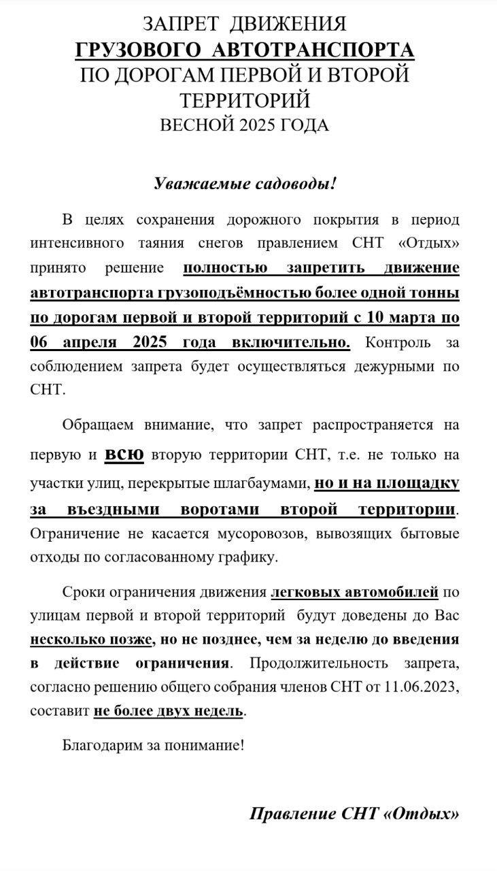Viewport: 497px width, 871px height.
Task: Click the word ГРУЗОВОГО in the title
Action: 138,50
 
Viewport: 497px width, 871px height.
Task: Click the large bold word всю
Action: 124,455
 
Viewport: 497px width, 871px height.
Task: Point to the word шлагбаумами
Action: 255,484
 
